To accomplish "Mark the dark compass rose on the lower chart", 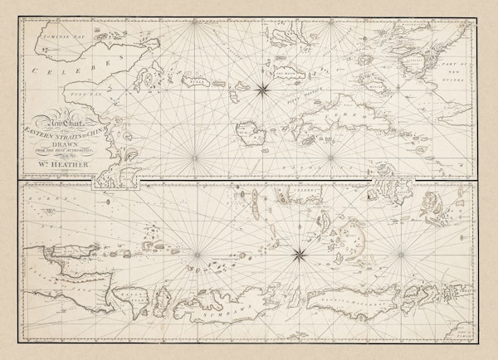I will (298, 253).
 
